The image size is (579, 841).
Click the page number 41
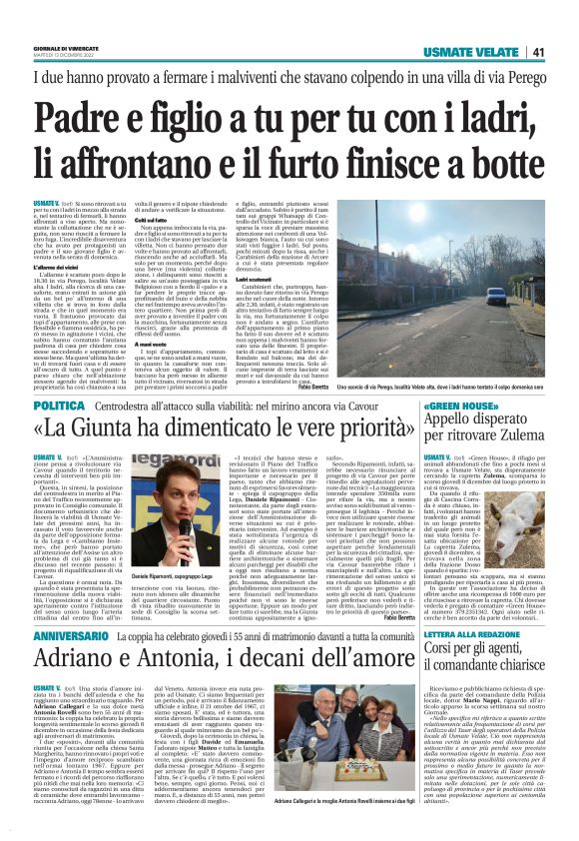[537, 52]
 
